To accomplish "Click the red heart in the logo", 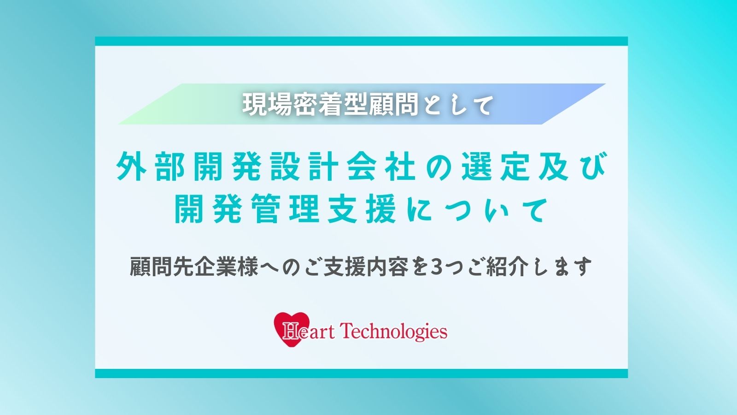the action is pos(292,329).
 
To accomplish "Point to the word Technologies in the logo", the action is pos(393,332).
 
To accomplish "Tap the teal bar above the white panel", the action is pos(361,41).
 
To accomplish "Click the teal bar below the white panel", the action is pos(361,373).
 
